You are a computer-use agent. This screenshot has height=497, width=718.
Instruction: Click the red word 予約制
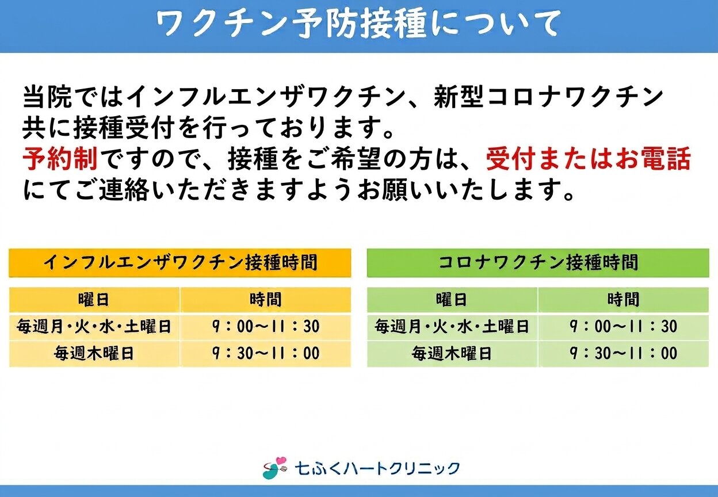(60, 159)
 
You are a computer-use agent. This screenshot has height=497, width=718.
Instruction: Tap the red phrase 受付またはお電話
(589, 159)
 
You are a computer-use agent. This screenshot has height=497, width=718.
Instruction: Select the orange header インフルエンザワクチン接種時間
(180, 262)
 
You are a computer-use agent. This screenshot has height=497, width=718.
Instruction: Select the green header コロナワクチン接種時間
(538, 262)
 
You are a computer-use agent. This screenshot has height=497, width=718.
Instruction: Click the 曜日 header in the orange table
(94, 300)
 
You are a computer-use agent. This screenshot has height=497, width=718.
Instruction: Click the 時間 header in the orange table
(265, 300)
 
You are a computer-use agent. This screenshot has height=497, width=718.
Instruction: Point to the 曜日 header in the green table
(451, 300)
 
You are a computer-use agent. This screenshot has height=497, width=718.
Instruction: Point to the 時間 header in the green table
(623, 300)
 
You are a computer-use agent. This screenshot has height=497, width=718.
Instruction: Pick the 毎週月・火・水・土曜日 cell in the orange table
(94, 327)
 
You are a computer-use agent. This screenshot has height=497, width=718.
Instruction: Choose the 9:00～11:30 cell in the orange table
(266, 327)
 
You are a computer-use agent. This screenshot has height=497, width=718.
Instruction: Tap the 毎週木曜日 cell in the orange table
(94, 353)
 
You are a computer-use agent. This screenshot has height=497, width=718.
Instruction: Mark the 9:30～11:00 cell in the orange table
(266, 353)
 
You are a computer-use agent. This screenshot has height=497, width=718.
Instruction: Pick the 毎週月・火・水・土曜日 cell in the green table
(452, 327)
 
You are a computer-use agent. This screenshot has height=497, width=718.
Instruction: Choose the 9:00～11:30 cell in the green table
(624, 327)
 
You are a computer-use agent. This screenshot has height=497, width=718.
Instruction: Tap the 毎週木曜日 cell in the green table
(452, 353)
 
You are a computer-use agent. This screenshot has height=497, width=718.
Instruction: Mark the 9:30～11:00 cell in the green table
(624, 353)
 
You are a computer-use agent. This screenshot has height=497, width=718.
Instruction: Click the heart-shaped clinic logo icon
(274, 468)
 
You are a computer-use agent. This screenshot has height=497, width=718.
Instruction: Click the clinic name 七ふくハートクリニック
(377, 468)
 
